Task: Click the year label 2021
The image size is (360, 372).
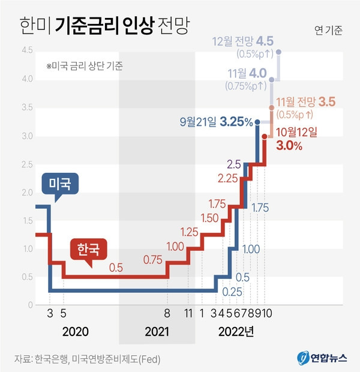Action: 157,331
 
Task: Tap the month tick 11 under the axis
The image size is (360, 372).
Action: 188,313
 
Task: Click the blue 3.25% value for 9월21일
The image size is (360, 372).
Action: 235,122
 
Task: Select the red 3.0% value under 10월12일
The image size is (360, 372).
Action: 289,145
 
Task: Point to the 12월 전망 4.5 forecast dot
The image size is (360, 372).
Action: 279,52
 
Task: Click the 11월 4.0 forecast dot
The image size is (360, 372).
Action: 272,79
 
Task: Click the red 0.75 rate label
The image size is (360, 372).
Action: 154,260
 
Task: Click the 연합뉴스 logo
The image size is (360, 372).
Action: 321,358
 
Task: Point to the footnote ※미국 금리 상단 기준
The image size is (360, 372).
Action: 84,66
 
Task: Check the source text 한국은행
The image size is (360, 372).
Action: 50,359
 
